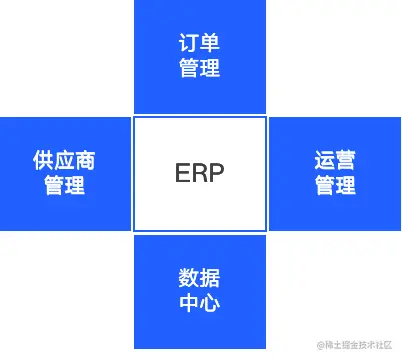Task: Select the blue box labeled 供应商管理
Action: coord(65,173)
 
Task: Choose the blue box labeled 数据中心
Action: coord(200,290)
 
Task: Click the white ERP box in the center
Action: coord(200,173)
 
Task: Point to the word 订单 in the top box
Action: coord(200,44)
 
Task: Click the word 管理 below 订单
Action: coord(200,69)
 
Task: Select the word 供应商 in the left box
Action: coord(65,161)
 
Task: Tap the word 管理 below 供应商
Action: coord(65,186)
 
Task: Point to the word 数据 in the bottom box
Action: coord(200,278)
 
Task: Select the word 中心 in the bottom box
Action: coord(200,303)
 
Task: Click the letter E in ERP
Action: coord(183,173)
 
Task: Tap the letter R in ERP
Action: coord(200,173)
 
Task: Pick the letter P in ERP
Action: coord(217,173)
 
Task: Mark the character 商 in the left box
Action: coord(86,161)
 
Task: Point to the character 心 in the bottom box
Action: coord(210,303)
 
